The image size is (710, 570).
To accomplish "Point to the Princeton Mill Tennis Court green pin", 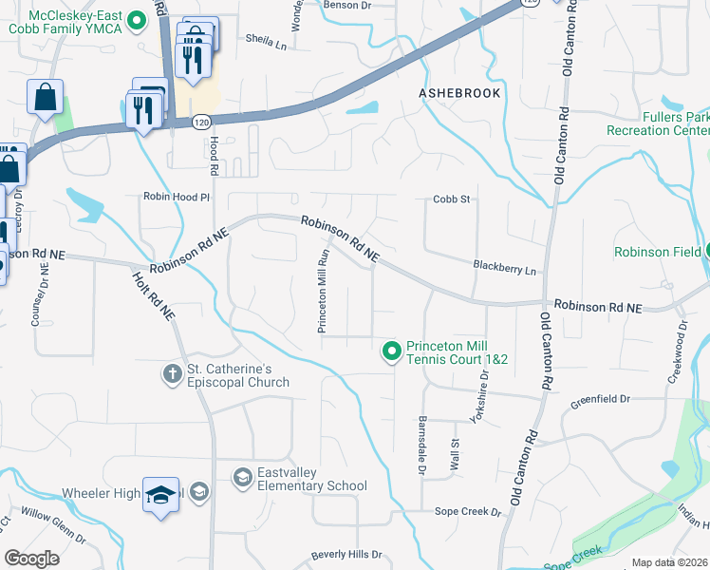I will coord(390,351).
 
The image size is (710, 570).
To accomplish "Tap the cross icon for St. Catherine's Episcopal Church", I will coord(172,373).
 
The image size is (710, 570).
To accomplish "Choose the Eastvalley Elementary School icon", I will coord(243,476).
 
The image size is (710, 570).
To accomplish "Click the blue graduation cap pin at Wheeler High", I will coord(160,495).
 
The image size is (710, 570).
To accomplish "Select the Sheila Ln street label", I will coord(265,42).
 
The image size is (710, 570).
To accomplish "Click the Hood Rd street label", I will coord(215,156).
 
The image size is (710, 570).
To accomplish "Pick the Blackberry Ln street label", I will coord(504,269).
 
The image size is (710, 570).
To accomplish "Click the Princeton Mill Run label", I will coord(323,291).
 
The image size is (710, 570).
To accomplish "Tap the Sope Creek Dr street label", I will coord(467,512).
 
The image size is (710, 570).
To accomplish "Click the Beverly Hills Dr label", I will coord(346,554).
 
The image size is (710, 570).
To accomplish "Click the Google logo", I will coord(31,558).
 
